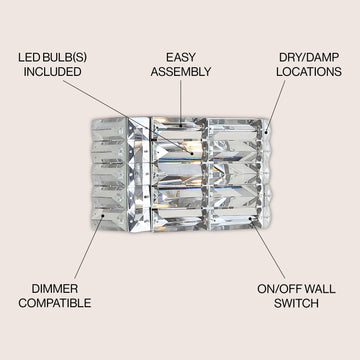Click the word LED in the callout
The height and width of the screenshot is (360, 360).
[x=30, y=57]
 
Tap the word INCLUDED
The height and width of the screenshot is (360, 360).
[x=52, y=72]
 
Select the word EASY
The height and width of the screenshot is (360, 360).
[x=181, y=57]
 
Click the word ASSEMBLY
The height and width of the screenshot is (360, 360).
[x=181, y=72]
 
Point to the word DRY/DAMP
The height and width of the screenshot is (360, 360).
[x=309, y=57]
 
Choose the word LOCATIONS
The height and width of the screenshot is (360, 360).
[x=309, y=72]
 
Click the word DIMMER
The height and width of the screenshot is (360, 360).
[x=55, y=289]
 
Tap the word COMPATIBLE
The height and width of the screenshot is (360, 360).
[x=55, y=303]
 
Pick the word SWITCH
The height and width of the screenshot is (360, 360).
[x=296, y=303]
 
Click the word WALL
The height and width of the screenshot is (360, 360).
[x=320, y=289]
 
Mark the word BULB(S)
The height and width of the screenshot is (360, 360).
[x=65, y=57]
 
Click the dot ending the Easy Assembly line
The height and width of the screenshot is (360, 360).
[x=181, y=126]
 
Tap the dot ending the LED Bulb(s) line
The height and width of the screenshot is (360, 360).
[x=192, y=153]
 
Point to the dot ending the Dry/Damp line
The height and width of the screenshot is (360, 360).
[x=266, y=132]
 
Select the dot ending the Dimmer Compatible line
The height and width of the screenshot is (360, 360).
[x=104, y=215]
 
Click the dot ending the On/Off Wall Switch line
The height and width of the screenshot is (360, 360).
[x=250, y=219]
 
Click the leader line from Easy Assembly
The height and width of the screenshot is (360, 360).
[x=181, y=103]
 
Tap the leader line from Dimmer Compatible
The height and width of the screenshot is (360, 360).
[x=89, y=247]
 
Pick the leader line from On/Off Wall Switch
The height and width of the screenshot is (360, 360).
[x=268, y=249]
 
